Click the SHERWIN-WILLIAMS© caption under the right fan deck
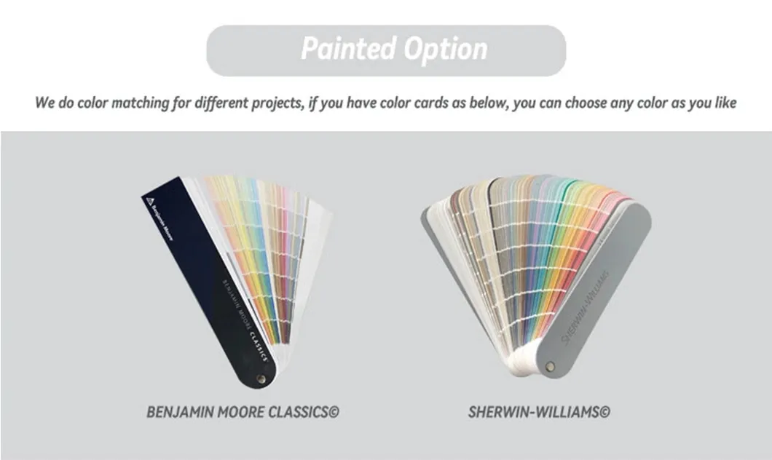539,412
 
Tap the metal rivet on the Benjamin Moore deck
261,378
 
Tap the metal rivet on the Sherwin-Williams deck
549,366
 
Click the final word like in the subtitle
723,103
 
